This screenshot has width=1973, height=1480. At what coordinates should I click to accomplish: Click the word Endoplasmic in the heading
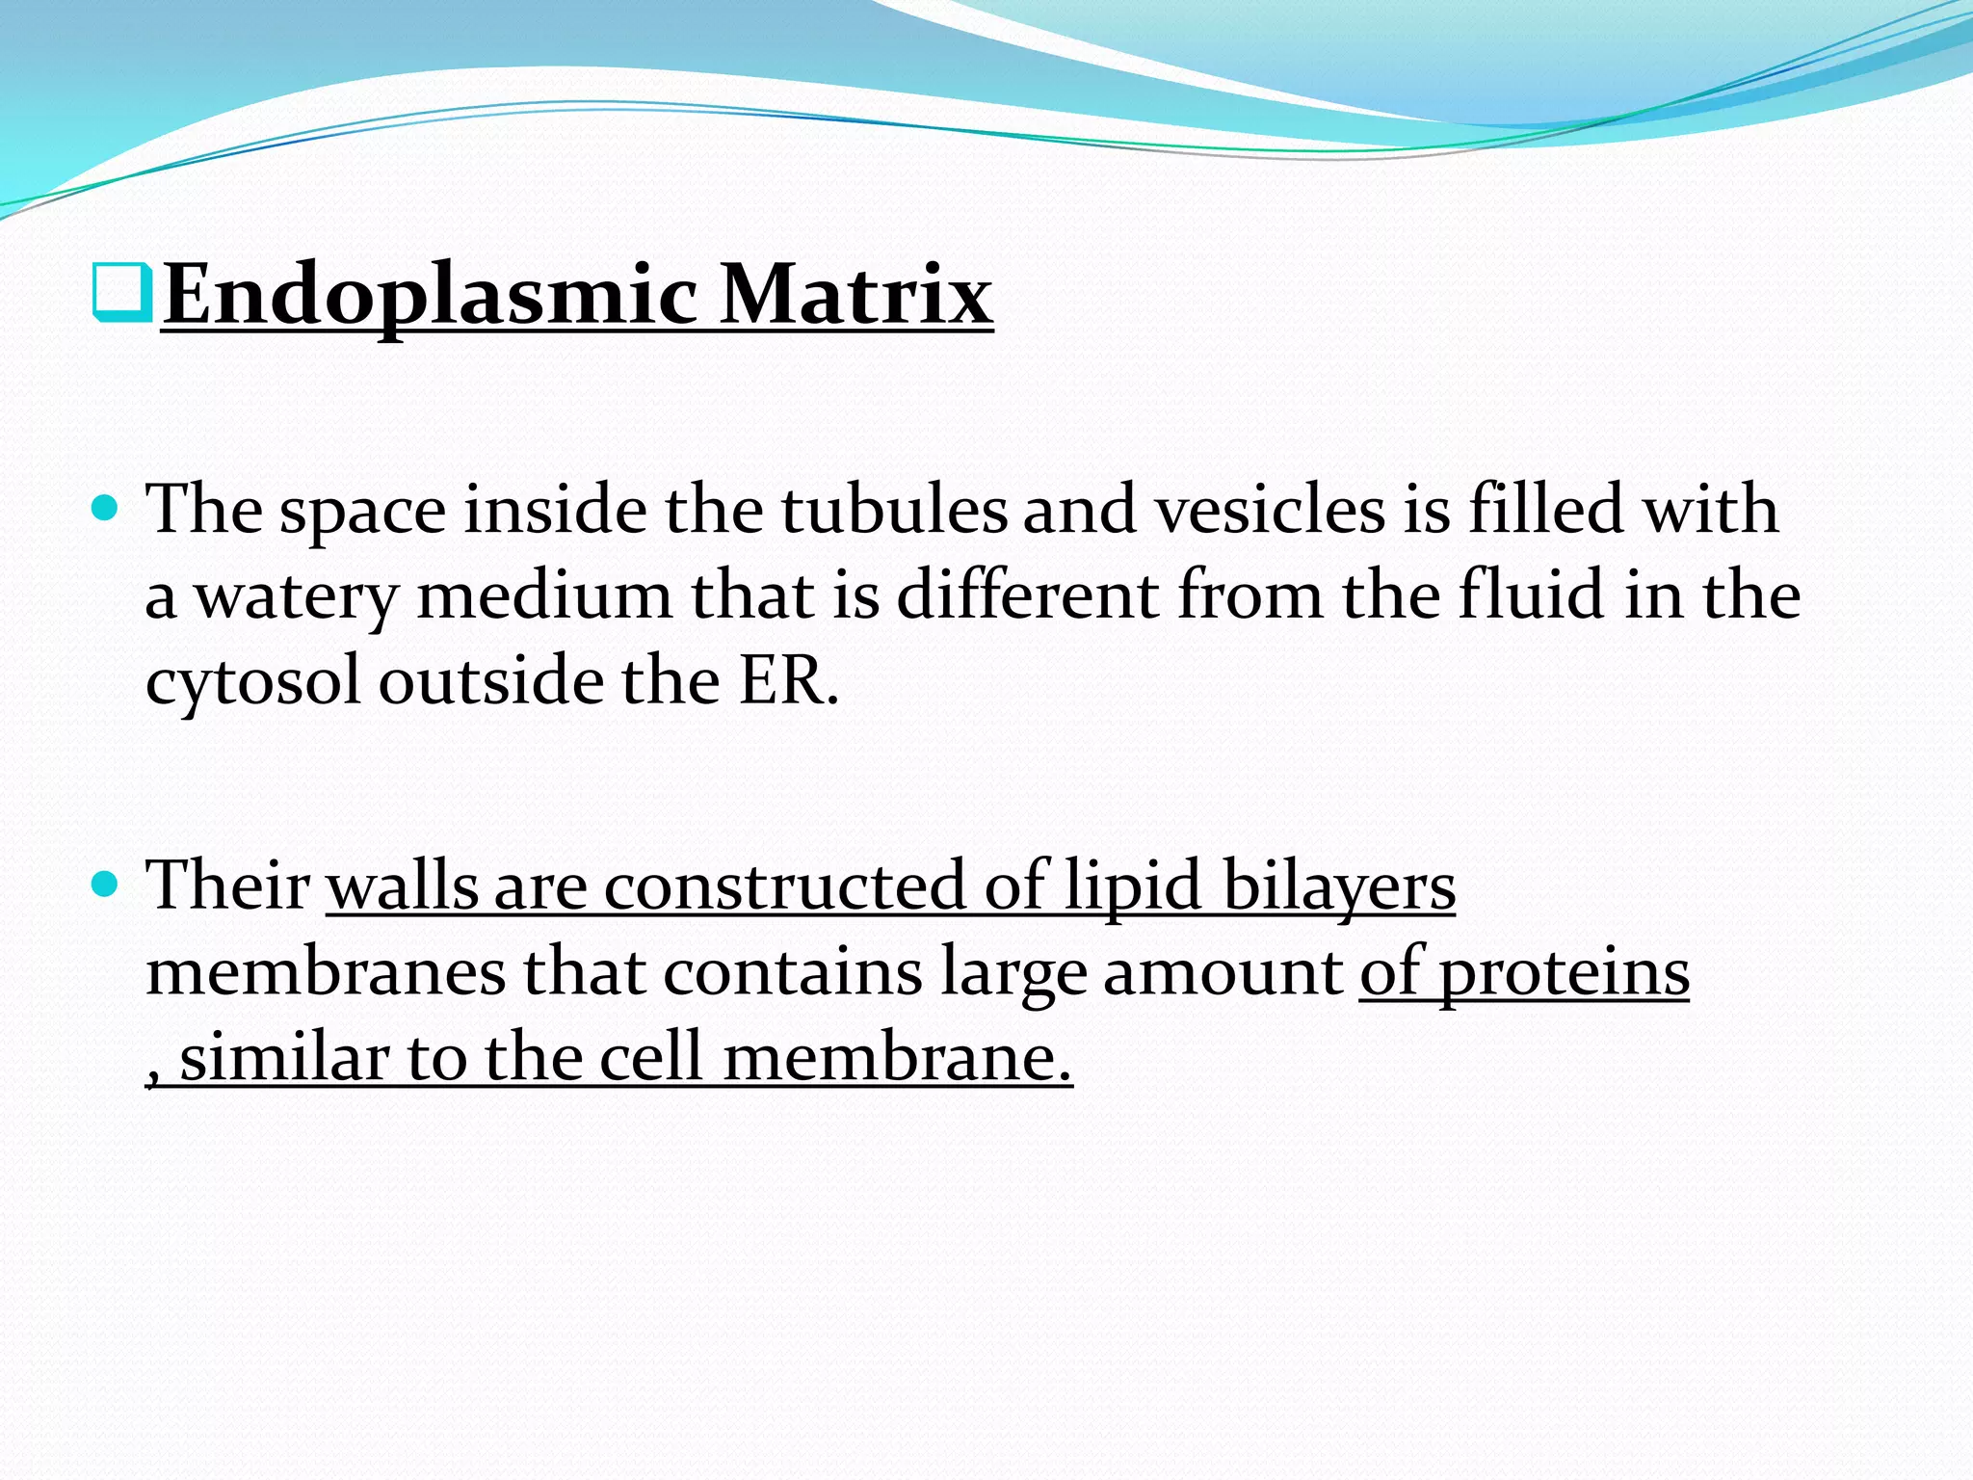429,294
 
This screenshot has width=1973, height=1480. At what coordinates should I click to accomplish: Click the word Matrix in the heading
856,294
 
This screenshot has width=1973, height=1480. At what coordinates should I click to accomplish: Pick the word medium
544,595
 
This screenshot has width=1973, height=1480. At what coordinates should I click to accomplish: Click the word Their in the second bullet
227,885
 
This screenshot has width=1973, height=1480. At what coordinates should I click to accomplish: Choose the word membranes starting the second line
326,971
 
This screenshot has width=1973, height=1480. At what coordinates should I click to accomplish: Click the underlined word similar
283,1057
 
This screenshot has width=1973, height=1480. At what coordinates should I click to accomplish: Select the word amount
1223,971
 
